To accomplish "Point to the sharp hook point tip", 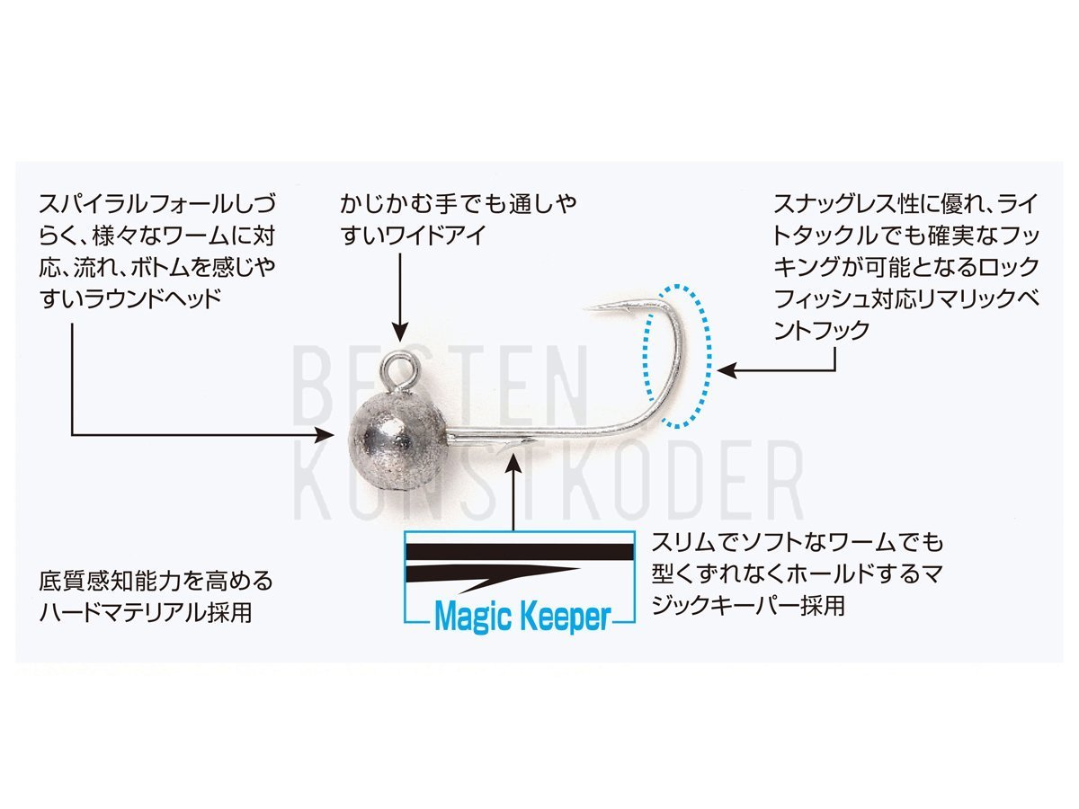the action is click(585, 308).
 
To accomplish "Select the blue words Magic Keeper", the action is click(522, 617).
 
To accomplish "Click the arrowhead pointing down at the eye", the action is click(401, 333).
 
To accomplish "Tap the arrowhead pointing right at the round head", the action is click(325, 435).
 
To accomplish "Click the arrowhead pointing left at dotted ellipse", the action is click(727, 369).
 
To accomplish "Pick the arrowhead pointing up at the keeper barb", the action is click(513, 463).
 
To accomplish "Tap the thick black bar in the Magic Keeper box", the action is click(519, 552).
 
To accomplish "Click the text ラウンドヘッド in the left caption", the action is click(152, 298).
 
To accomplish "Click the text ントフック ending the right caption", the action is click(822, 330).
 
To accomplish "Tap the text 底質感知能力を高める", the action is click(156, 581).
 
